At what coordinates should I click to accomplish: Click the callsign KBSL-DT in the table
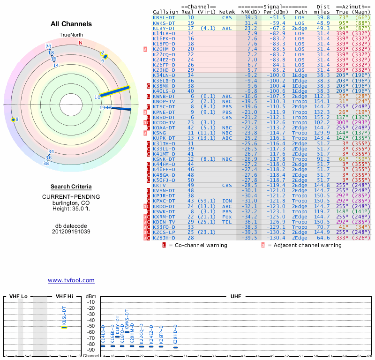164,17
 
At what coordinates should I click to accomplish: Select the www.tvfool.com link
71,280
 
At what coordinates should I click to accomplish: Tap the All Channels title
71,24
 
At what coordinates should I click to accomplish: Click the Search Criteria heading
71,187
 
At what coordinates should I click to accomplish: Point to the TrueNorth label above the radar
71,35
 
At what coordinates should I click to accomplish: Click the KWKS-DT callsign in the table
164,23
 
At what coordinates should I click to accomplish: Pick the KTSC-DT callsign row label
164,106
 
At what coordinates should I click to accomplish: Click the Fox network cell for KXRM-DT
227,217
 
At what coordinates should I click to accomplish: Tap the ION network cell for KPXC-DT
227,201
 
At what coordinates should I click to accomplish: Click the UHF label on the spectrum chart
236,297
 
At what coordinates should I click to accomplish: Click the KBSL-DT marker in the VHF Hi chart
64,327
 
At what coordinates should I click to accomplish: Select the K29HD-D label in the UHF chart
175,334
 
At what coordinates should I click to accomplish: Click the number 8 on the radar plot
17,120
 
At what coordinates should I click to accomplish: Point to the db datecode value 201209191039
71,232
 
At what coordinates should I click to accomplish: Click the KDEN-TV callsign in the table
164,222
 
